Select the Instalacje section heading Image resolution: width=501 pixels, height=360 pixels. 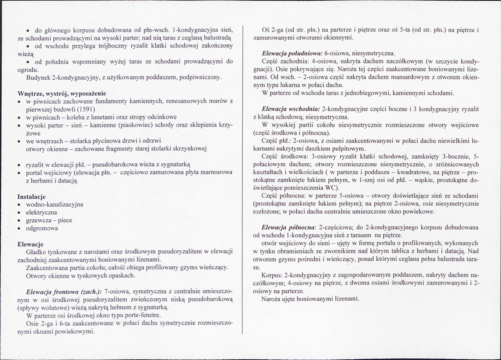tap(32, 196)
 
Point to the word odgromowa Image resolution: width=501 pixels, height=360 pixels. tap(42, 228)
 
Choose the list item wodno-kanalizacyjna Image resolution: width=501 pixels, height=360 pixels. tap(55, 205)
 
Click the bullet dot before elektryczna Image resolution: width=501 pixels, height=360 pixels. tap(20, 213)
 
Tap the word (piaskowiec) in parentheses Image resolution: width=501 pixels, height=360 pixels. tap(132, 125)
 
